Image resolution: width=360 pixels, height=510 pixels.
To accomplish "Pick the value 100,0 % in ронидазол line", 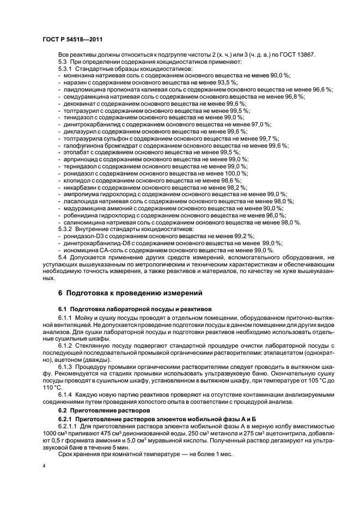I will coord(237,173).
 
